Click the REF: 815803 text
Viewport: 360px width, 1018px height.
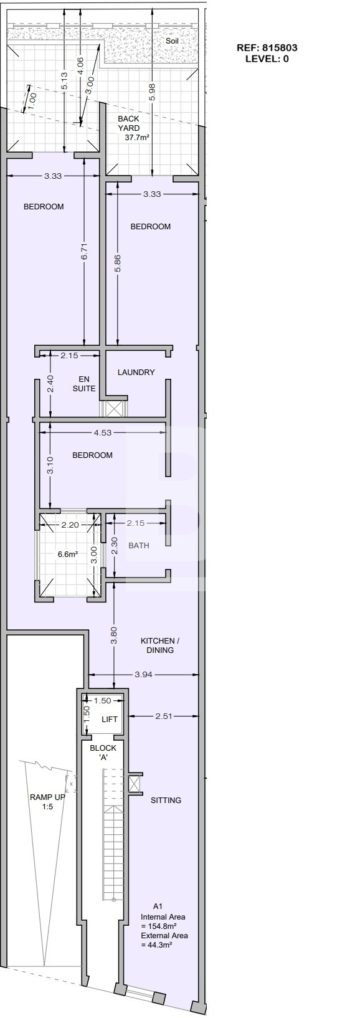(x=267, y=48)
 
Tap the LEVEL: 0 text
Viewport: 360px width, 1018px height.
(x=267, y=59)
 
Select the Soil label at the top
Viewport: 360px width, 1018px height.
(x=173, y=41)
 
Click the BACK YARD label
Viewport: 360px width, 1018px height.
(x=129, y=123)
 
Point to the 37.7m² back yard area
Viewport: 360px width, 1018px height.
(x=137, y=137)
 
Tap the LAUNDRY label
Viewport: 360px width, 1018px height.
(x=136, y=372)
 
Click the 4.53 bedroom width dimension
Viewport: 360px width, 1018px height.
(x=103, y=432)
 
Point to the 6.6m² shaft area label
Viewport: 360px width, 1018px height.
(x=68, y=554)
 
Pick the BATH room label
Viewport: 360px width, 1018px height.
(x=139, y=545)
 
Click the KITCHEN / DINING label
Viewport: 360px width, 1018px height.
(x=160, y=645)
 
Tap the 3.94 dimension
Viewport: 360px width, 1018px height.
(x=144, y=675)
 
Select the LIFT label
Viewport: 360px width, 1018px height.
(x=110, y=720)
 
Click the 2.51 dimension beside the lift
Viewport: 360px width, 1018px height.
(x=164, y=716)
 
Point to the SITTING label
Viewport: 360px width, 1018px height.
(x=166, y=801)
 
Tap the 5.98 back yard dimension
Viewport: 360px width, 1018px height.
(x=152, y=92)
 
